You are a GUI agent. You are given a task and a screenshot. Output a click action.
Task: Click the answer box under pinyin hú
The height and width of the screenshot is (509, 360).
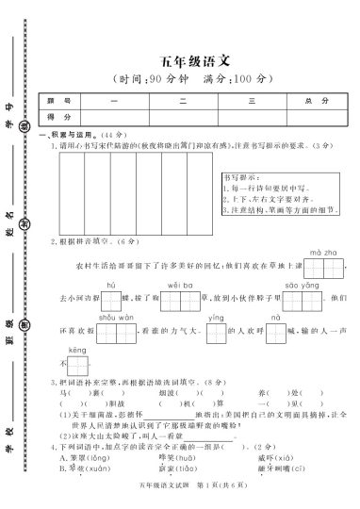pyautogui.click(x=110, y=301)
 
